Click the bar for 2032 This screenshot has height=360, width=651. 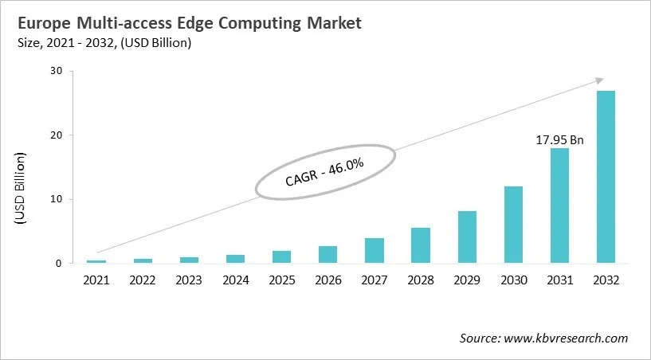tap(606, 177)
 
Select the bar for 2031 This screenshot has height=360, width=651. tap(559, 205)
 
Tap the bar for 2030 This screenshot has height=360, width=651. tap(513, 225)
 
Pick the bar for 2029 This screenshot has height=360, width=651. tap(467, 237)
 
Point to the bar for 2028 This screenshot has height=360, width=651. tap(421, 245)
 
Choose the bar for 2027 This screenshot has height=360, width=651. tap(375, 250)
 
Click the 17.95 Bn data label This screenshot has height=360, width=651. tap(559, 140)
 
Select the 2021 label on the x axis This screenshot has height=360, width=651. tap(96, 280)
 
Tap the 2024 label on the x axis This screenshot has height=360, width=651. tap(235, 280)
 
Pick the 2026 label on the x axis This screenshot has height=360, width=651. tap(327, 280)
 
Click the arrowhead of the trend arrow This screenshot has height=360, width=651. tap(599, 80)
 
